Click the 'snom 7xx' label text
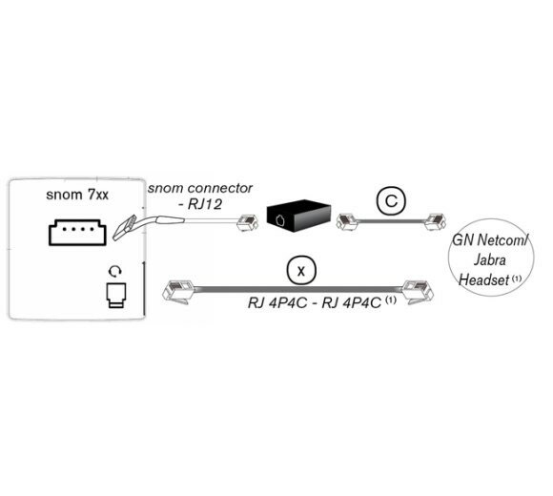[77, 195]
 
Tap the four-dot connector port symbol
[77, 232]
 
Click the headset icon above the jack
[115, 271]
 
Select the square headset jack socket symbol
[116, 295]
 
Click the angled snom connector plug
[124, 228]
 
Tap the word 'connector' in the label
[220, 188]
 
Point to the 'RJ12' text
[205, 204]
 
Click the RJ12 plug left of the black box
[248, 222]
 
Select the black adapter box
[298, 217]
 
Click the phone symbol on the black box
[279, 220]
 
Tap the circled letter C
[391, 200]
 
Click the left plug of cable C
[348, 222]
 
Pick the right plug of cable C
[435, 221]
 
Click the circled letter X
[301, 271]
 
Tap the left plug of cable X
[177, 291]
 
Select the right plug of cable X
[418, 291]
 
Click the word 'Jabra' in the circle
[490, 260]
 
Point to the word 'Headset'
[483, 280]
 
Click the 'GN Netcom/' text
[491, 240]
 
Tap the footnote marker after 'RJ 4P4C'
[391, 300]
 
